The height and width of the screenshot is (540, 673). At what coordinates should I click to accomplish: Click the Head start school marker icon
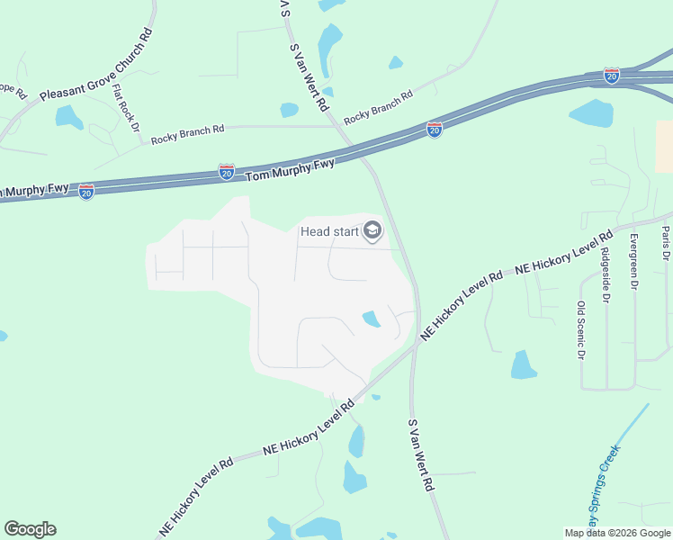tap(372, 232)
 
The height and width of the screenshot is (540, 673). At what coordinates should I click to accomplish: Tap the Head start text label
tap(328, 231)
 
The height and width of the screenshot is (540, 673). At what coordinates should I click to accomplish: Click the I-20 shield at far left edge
tap(86, 191)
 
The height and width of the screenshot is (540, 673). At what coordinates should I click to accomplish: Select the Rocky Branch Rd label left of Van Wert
tap(187, 135)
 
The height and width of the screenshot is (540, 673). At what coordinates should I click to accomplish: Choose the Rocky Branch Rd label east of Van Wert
tap(378, 106)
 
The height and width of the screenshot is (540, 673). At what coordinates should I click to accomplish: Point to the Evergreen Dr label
tap(634, 261)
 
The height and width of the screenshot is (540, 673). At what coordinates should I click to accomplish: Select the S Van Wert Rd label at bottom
tap(421, 454)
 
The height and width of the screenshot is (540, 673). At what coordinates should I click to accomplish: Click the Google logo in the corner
tap(30, 529)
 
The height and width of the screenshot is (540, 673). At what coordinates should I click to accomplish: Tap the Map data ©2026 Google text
tap(617, 533)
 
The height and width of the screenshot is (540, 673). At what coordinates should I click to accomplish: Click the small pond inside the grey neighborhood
tap(370, 319)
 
